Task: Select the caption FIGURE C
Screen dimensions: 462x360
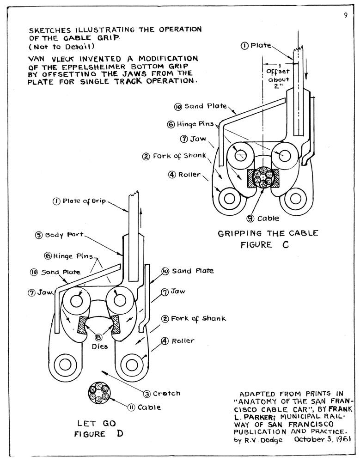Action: [x=264, y=245]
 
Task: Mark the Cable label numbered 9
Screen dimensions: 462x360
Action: [x=262, y=218]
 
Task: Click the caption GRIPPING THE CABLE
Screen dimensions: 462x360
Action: [x=268, y=233]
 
